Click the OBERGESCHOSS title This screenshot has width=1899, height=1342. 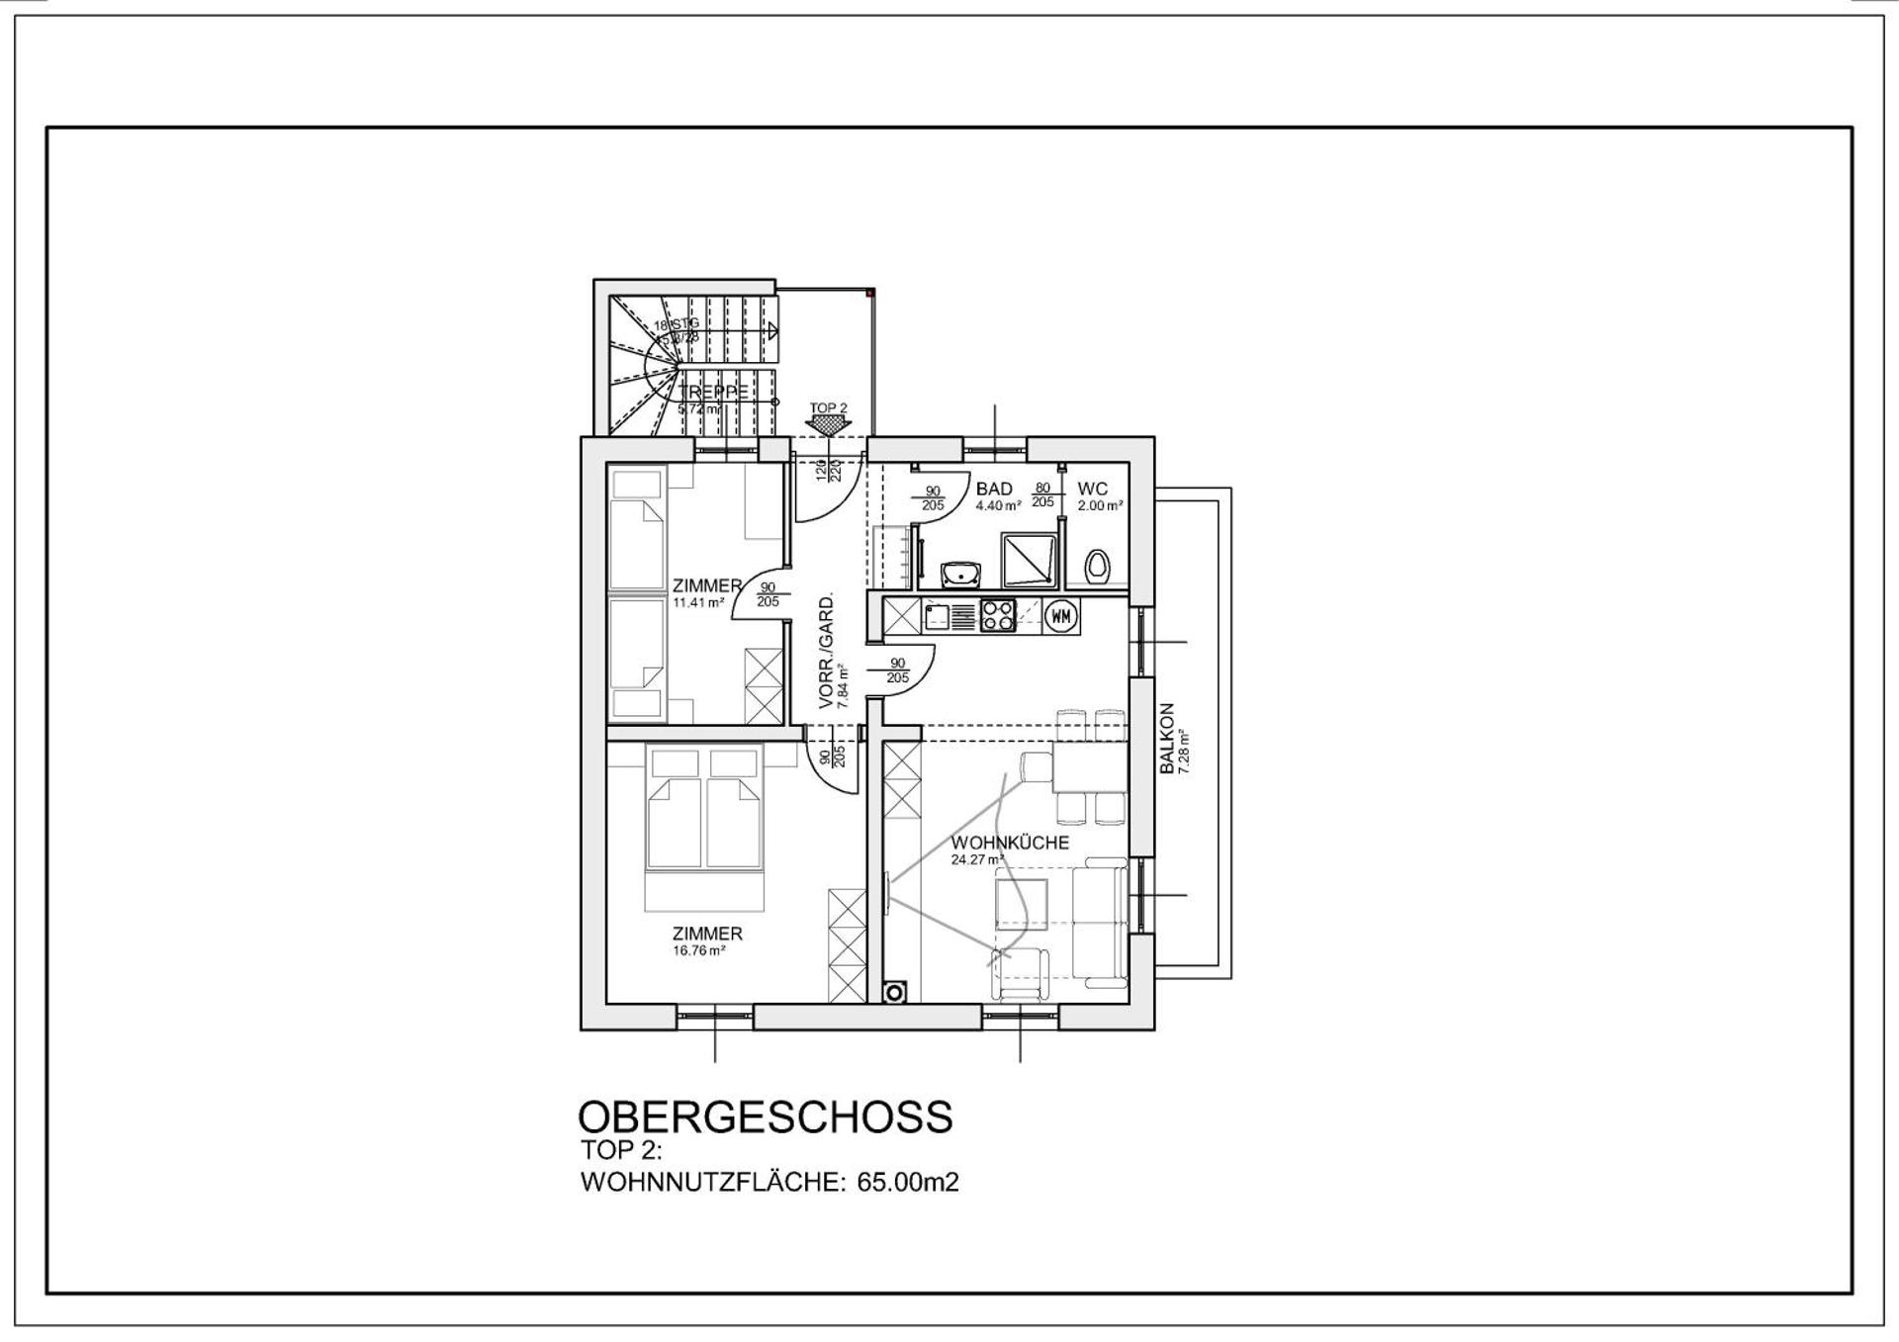pos(765,1117)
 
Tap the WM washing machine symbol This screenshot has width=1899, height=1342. pos(1061,616)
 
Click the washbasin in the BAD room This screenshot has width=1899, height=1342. pos(959,573)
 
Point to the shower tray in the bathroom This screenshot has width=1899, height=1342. pos(1029,561)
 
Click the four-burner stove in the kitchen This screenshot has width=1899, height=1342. pos(997,616)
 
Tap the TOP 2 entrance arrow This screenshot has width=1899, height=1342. pos(829,423)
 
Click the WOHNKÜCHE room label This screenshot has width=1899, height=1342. pos(1010,843)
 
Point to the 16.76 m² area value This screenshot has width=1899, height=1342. pos(699,951)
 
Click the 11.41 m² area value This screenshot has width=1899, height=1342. pos(698,602)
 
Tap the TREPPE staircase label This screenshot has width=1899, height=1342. pos(713,392)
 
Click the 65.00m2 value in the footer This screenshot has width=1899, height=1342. pos(908,1183)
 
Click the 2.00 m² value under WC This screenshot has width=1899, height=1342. pos(1100,505)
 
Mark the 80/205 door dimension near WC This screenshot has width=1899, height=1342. pos(1042,495)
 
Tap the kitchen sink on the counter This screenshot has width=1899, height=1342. pos(936,617)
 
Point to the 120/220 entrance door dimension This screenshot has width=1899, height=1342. pos(828,471)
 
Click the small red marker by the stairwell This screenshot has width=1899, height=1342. pos(869,293)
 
